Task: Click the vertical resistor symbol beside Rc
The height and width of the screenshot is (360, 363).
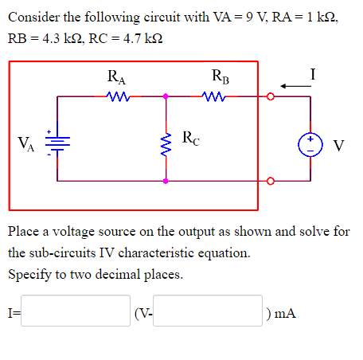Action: [x=166, y=141]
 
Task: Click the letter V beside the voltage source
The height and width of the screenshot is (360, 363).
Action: [x=339, y=145]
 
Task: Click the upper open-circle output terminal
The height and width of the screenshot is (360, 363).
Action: [x=270, y=98]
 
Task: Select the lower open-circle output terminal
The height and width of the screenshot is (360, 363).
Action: [x=270, y=180]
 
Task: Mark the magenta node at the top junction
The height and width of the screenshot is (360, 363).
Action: [x=166, y=97]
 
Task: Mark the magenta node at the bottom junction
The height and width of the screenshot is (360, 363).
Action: [x=166, y=181]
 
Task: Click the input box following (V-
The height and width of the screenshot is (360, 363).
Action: [x=209, y=311]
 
